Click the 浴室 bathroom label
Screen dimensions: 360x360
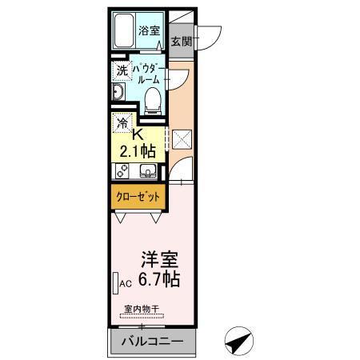pos(149,32)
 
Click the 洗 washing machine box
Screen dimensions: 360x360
pos(122,71)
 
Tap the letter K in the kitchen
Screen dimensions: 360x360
pos(138,134)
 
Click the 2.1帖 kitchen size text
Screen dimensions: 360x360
pos(138,150)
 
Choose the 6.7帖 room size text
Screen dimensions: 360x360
pos(159,280)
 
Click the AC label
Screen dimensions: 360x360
pos(125,283)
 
